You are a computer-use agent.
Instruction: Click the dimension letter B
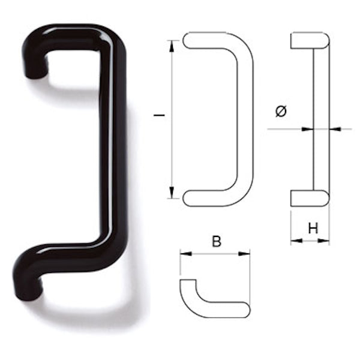217,242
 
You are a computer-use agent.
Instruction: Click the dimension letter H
312,228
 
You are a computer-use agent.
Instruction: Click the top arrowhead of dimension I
172,44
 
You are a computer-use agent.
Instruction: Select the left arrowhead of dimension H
295,241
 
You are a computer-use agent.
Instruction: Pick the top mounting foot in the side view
310,41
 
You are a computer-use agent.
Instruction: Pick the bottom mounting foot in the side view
310,199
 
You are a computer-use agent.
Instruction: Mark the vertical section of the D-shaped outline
245,120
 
